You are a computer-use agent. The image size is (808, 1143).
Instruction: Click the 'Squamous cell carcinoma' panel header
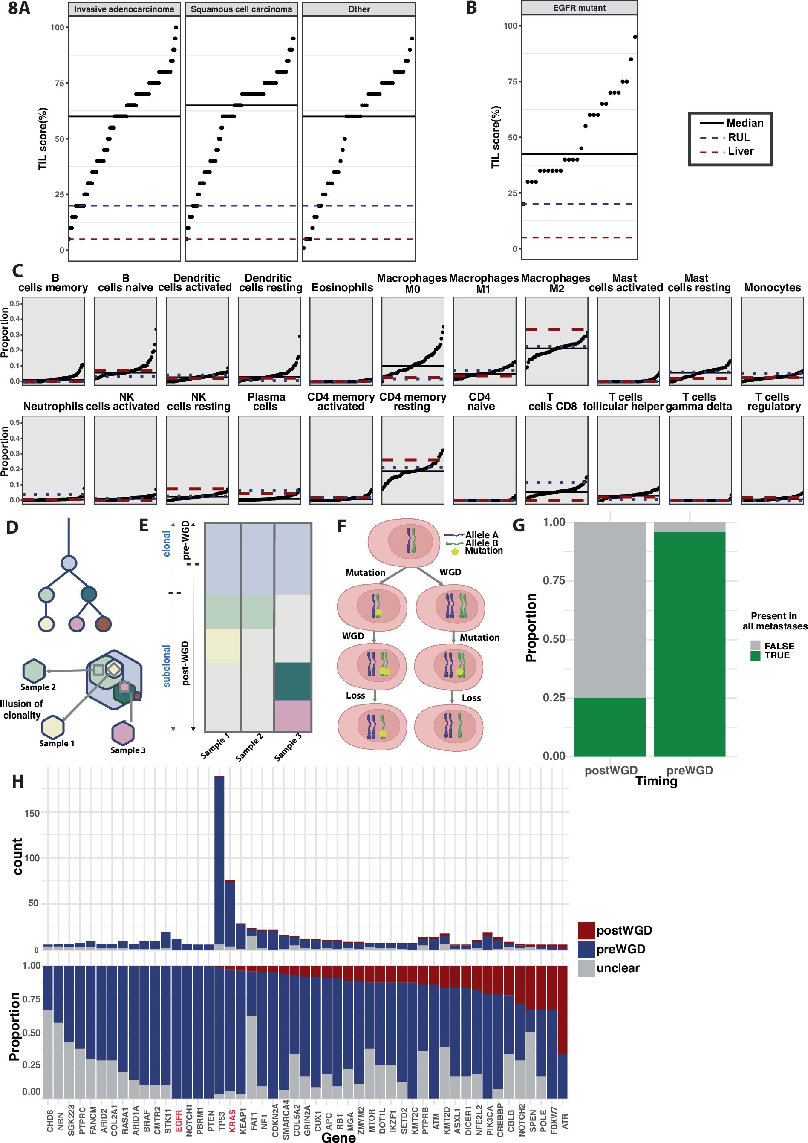coord(242,9)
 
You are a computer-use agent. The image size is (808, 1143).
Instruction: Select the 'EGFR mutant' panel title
coord(579,8)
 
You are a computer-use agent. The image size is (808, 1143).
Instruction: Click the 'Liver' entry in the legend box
coord(740,151)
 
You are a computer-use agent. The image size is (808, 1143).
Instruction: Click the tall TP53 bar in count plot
coord(219,861)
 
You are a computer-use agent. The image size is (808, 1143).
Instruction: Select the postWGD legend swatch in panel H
coord(586,930)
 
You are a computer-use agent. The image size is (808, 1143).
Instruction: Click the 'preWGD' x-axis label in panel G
coord(690,770)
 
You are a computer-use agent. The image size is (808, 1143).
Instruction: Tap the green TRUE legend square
coord(755,655)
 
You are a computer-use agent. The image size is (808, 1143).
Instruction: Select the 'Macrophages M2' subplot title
coord(556,283)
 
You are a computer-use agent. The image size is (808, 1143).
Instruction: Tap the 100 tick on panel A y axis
coord(57,27)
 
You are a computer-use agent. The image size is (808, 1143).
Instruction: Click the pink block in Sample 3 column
coord(293,716)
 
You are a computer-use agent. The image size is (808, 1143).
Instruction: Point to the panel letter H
coord(18,782)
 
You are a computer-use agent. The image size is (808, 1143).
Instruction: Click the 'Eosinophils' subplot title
coord(342,287)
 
